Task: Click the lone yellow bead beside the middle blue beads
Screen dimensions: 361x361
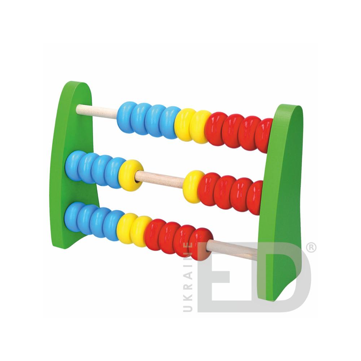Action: [x=130, y=175]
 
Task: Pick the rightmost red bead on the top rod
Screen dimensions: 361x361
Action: [x=264, y=135]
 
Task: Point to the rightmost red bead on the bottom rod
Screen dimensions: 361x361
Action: [x=200, y=244]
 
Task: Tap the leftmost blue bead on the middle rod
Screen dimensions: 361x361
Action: [x=74, y=165]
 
